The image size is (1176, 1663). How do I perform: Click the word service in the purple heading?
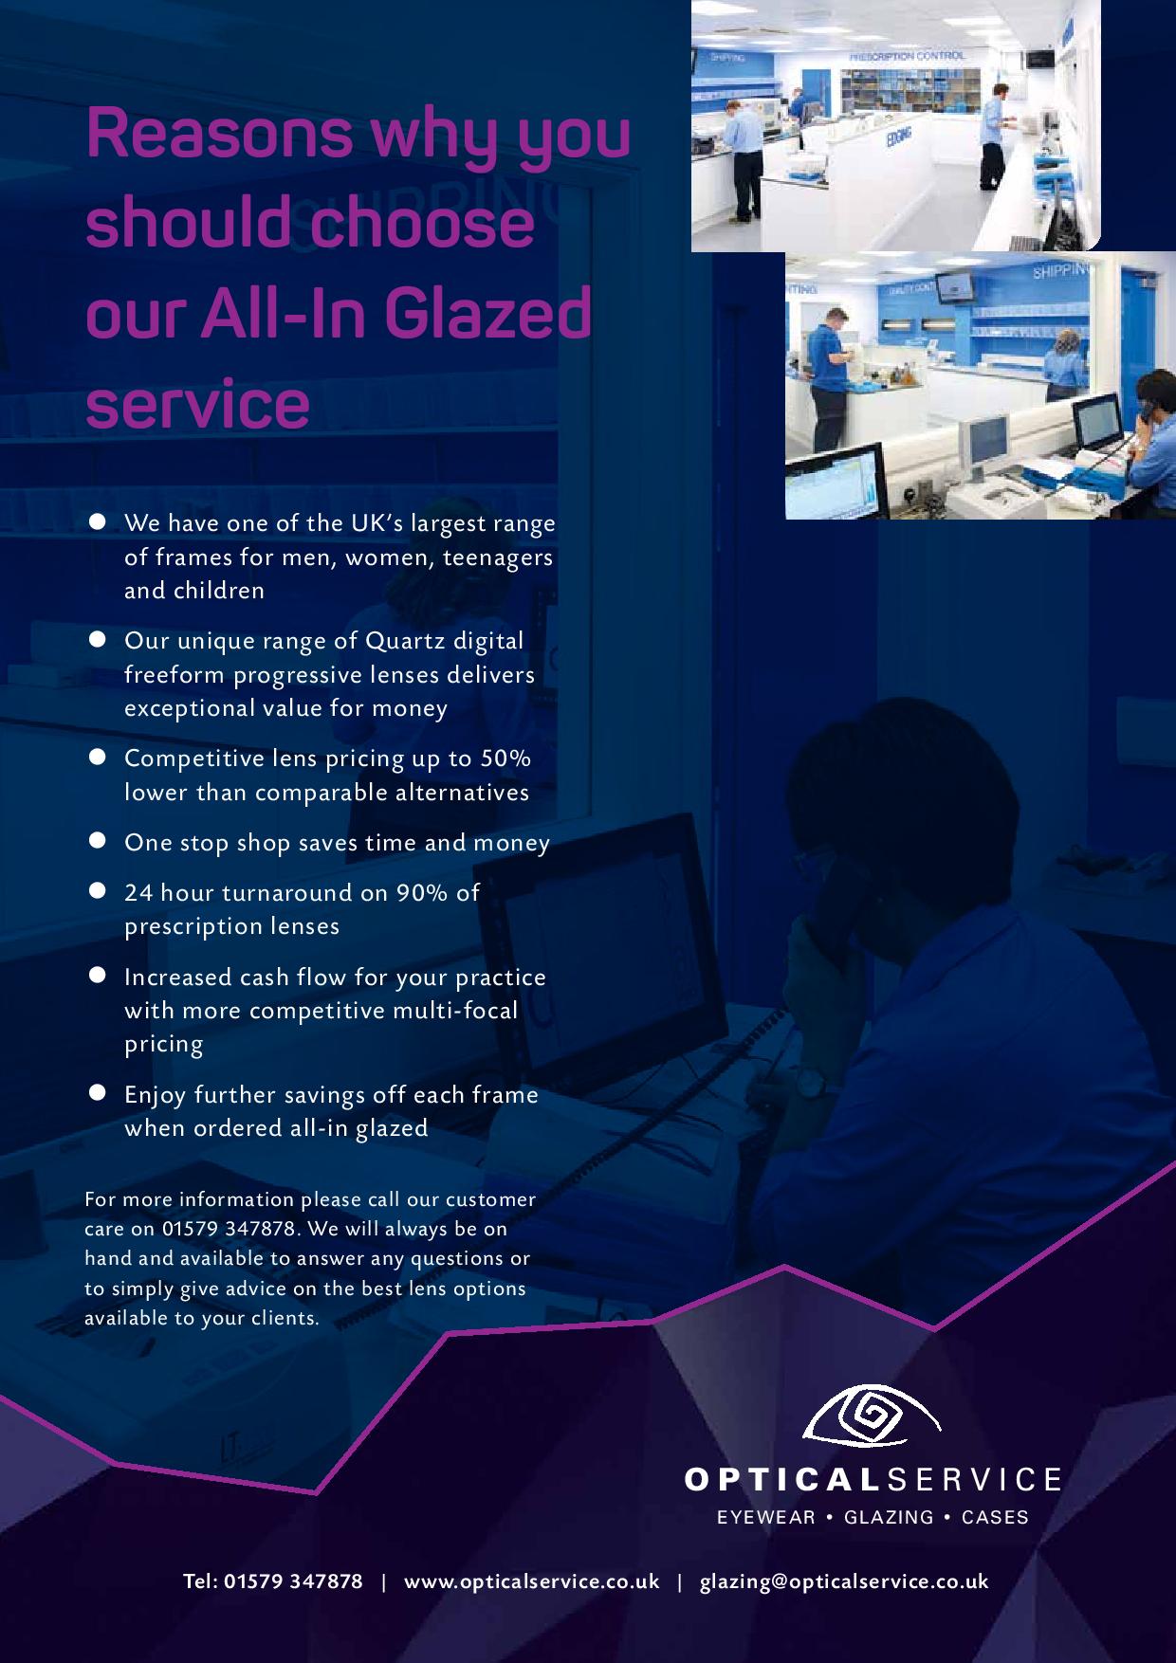(198, 404)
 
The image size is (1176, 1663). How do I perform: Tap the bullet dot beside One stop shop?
(97, 840)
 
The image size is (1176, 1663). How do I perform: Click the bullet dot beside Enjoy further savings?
(97, 1092)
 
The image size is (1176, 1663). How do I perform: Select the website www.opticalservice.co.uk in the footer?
(531, 1581)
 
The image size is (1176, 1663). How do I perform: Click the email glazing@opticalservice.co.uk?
(844, 1581)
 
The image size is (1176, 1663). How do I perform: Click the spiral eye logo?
(872, 1423)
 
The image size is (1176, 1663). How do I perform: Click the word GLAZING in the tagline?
(889, 1517)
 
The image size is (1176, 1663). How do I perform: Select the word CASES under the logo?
(995, 1517)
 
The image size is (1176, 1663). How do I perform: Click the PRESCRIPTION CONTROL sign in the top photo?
(907, 56)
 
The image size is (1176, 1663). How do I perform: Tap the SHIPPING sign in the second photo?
(1060, 271)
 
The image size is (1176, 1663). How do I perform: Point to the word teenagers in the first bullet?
(498, 557)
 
